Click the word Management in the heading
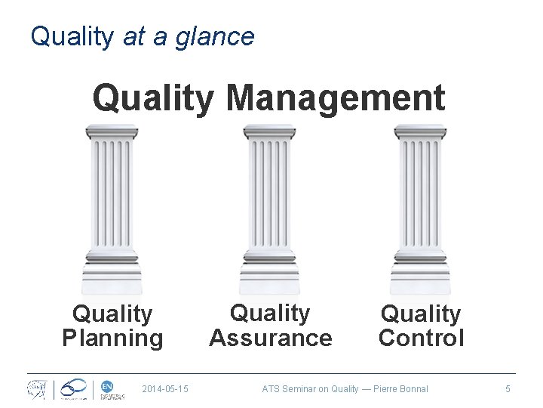[335, 99]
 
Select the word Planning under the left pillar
[112, 338]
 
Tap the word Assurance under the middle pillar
[271, 337]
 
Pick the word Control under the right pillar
[422, 338]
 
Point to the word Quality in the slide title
[71, 36]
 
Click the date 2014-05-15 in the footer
[165, 389]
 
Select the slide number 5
[508, 389]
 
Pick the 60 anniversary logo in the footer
[75, 388]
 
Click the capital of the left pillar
[112, 134]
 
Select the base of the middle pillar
[269, 275]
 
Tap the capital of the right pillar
[420, 134]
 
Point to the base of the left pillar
[112, 275]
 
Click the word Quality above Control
[422, 314]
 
